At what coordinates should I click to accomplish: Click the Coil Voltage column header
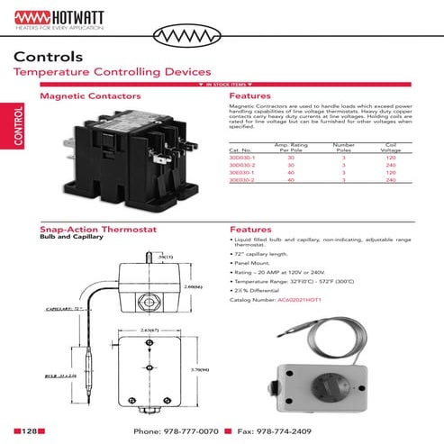tap(390, 147)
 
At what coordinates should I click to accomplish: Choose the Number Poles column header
tap(344, 147)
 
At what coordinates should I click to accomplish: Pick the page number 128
tap(29, 430)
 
